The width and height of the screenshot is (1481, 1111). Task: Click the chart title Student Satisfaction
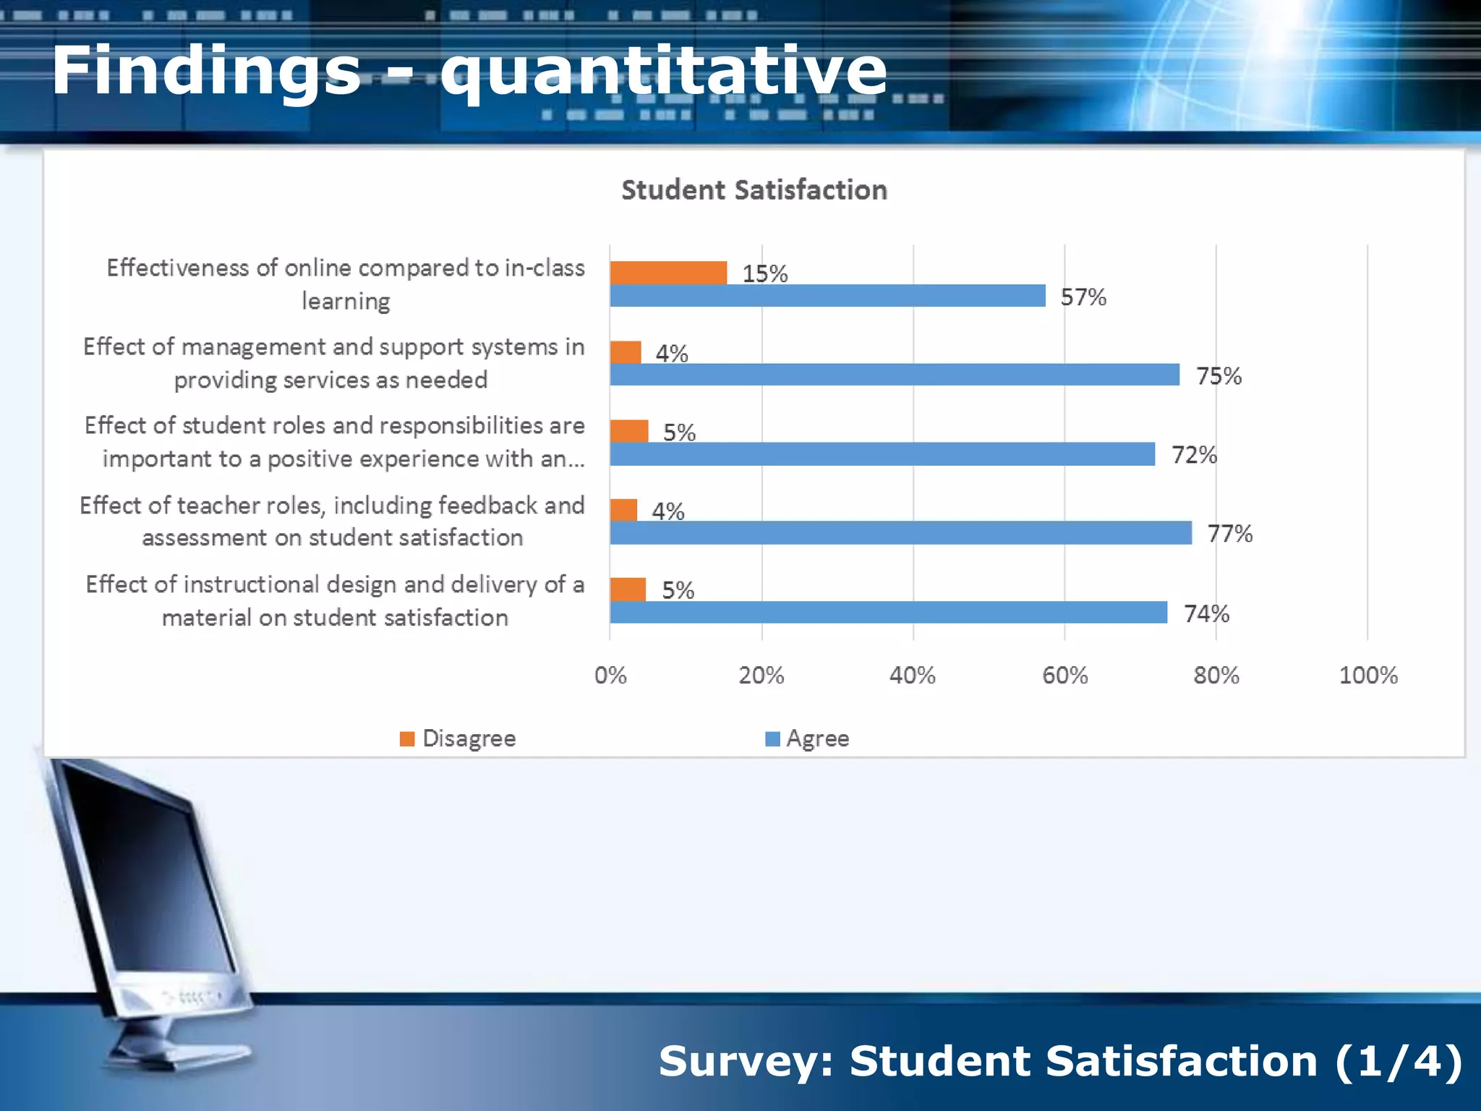coord(754,190)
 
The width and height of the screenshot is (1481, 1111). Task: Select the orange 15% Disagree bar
coord(668,273)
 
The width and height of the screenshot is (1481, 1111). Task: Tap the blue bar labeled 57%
coord(827,296)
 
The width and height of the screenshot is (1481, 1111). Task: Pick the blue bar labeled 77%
coord(900,533)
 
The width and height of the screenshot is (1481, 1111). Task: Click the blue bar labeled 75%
coord(895,375)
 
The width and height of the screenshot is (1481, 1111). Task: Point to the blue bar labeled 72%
coord(882,454)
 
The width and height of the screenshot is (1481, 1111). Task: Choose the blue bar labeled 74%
coord(888,613)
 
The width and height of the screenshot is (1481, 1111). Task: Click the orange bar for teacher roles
coord(623,510)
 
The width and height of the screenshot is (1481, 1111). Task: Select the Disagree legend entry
coord(458,738)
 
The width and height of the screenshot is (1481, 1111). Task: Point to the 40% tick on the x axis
coord(913,676)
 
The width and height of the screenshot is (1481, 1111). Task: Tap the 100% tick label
coord(1367,676)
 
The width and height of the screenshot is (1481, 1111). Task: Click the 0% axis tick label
coord(610,676)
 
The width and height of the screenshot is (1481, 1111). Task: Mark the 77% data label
coord(1229,534)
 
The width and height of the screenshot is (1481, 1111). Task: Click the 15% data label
coord(764,274)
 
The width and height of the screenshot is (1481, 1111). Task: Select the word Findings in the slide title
coord(206,70)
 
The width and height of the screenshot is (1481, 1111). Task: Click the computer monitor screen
coord(145,882)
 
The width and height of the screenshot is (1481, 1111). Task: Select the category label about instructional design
coord(335,600)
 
